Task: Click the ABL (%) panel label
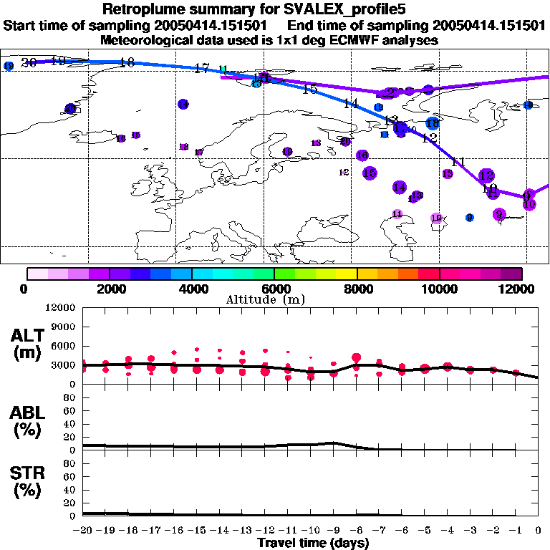point(29,422)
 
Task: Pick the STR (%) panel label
point(29,482)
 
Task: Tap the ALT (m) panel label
point(29,344)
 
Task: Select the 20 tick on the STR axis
point(70,503)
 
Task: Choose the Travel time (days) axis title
point(313,544)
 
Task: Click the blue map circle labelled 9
point(469,218)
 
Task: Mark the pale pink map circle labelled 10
point(436,218)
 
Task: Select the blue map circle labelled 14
point(183,105)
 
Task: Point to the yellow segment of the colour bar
point(347,274)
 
